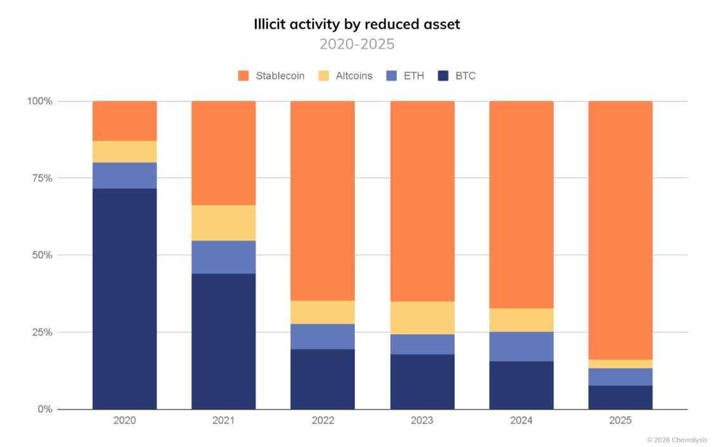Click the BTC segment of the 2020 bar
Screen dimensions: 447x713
tap(124, 298)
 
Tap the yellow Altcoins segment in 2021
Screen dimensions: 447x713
tap(223, 222)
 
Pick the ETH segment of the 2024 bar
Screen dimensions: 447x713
tap(521, 346)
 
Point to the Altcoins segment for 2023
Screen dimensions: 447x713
tap(422, 317)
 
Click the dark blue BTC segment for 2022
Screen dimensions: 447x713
tap(322, 379)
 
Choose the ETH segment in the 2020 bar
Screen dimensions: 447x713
tap(124, 175)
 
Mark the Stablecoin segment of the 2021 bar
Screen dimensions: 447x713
tap(223, 152)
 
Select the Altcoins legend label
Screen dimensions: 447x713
tap(354, 76)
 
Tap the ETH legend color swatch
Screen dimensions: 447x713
tap(391, 76)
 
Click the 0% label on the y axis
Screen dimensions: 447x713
tap(44, 409)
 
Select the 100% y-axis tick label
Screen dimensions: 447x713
tap(39, 101)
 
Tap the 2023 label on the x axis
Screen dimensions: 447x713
tap(422, 420)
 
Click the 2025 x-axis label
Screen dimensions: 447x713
tap(620, 420)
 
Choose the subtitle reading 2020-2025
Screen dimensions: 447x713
tap(356, 44)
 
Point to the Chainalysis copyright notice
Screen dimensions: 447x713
tap(676, 439)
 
